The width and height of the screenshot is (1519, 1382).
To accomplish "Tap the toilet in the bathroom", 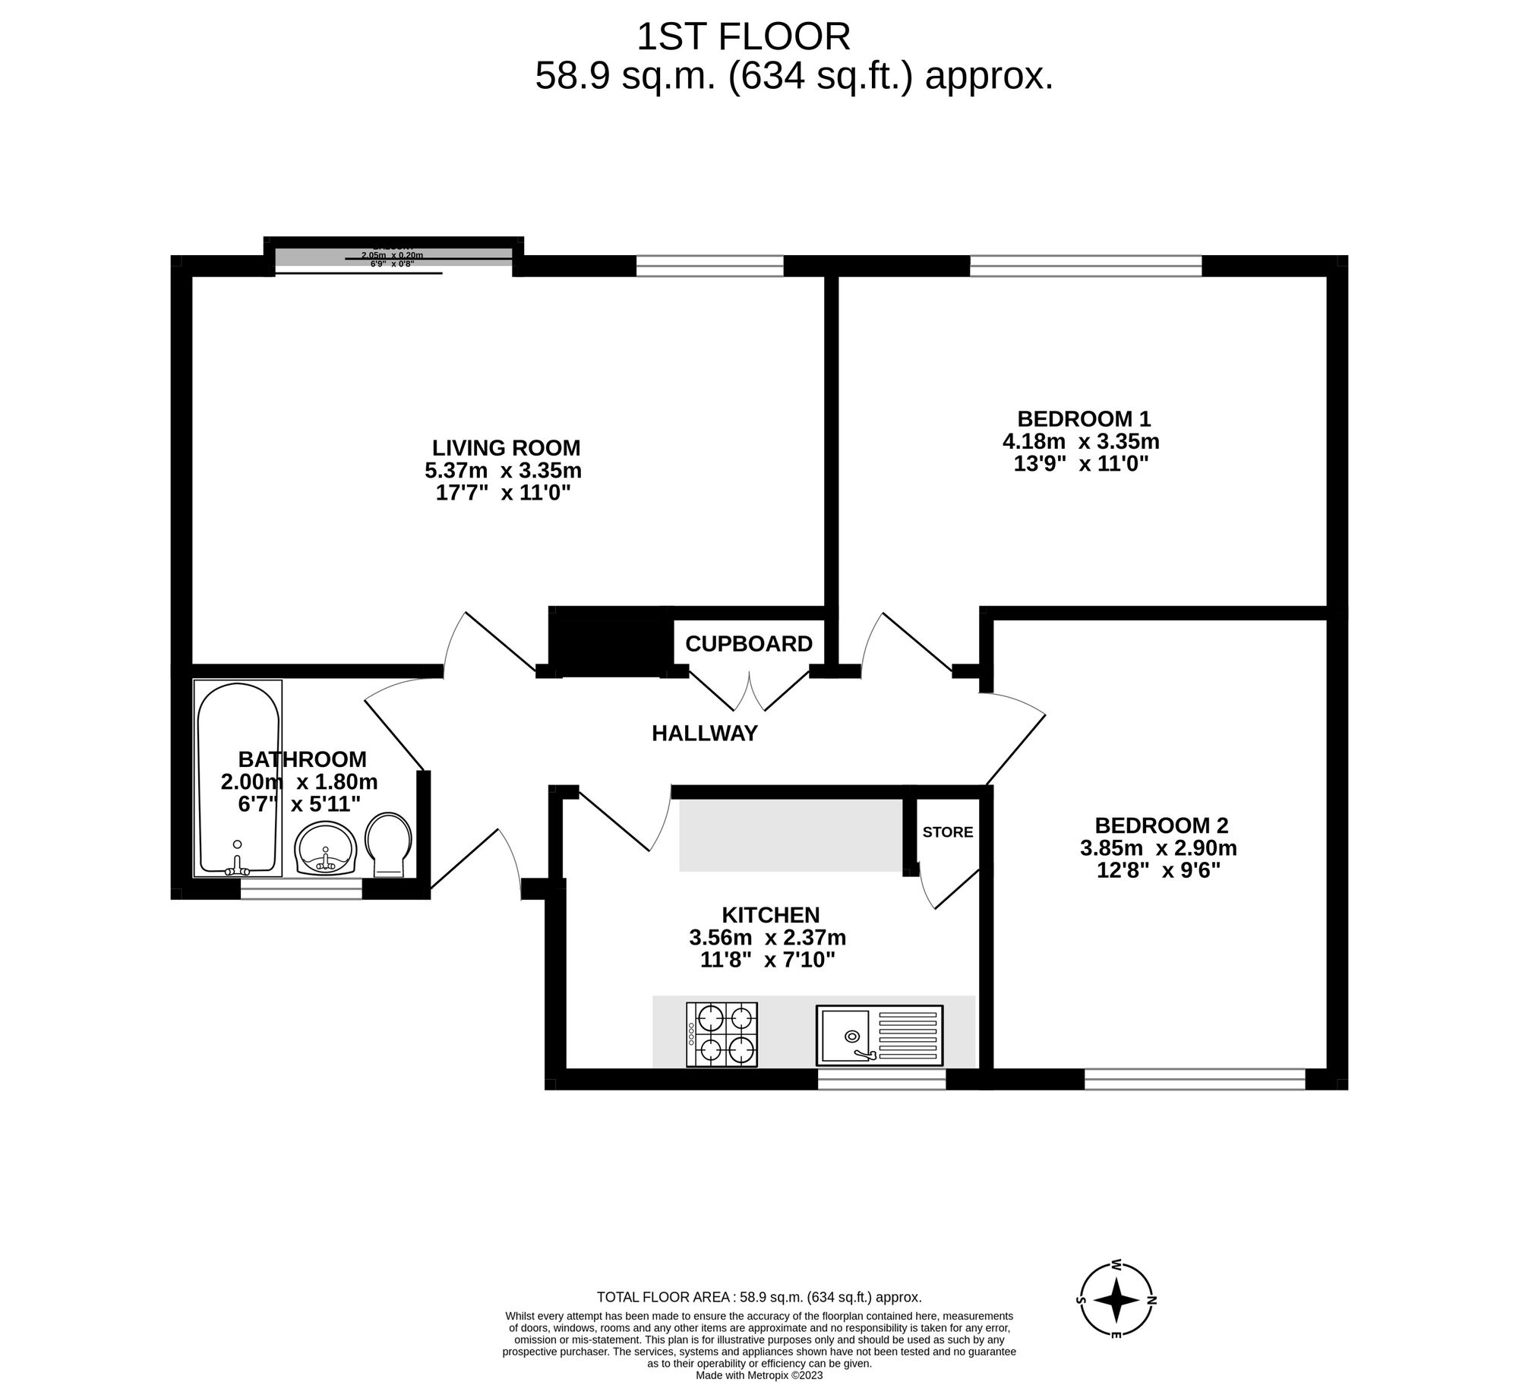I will [x=389, y=845].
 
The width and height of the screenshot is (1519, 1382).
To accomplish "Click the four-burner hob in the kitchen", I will [x=722, y=1034].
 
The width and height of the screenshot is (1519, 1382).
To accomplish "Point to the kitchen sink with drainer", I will [x=880, y=1035].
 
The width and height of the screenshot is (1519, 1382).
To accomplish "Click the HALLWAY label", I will [x=705, y=734].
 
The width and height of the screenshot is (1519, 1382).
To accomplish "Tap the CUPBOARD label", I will [x=748, y=644].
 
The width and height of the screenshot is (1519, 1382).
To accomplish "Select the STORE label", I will [x=947, y=832].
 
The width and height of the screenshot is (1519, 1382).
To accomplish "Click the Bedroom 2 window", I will [x=1194, y=1079].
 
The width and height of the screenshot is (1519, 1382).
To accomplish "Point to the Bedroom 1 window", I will [x=1085, y=266].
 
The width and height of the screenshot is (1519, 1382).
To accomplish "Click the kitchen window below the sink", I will [x=881, y=1079].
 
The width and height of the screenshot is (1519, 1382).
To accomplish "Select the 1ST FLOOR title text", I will [x=743, y=37].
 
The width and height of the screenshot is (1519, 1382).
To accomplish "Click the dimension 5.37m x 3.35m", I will [x=503, y=471].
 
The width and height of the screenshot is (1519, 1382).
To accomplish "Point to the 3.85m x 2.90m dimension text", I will [x=1158, y=847].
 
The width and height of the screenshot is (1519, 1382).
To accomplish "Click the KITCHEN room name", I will [x=770, y=915].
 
